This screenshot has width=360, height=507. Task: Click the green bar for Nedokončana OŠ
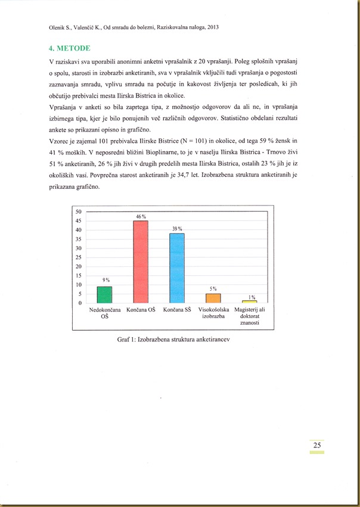(x=104, y=295)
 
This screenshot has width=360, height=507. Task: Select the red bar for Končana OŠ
(x=141, y=262)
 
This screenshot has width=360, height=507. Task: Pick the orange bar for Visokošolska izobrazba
(x=213, y=298)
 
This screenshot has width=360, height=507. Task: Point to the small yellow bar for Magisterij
(x=250, y=301)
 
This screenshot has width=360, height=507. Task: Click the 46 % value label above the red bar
(x=141, y=217)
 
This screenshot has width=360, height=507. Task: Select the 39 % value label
(x=177, y=229)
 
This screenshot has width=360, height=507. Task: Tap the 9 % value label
(x=105, y=280)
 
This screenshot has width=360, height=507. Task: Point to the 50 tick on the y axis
(x=78, y=211)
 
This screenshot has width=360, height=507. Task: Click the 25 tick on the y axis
(x=78, y=257)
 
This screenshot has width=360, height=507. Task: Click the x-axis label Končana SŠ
(x=177, y=310)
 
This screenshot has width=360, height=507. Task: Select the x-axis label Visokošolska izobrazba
(x=213, y=313)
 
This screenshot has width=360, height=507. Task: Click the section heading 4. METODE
(x=69, y=48)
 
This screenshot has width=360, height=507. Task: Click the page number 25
(x=316, y=444)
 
